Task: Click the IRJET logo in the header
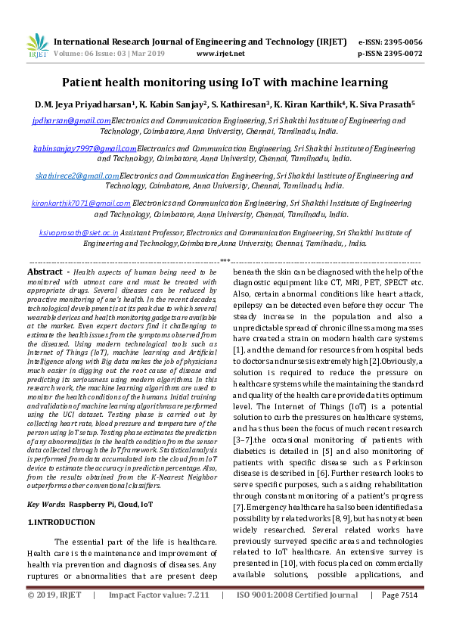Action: [x=37, y=47]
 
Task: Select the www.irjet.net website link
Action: [x=220, y=54]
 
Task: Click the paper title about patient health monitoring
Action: [x=225, y=82]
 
